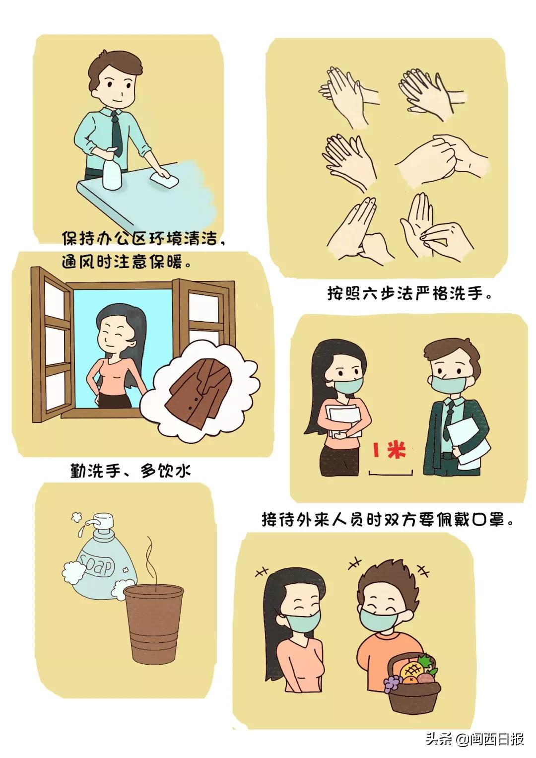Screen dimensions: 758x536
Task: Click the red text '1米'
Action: coord(390,451)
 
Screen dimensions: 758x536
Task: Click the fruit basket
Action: coord(413,685)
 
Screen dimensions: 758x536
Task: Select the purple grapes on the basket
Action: coord(393,684)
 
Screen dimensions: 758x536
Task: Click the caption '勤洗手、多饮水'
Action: coord(131,470)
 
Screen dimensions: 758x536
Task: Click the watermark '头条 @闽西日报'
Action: coord(474,739)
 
